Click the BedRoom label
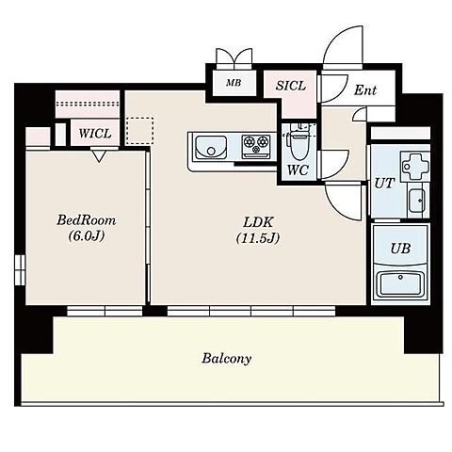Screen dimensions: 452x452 87,220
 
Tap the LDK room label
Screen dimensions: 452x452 258,222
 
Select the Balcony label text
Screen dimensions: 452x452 226,358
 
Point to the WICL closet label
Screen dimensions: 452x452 95,134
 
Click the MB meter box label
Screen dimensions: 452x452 234,83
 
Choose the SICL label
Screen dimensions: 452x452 291,86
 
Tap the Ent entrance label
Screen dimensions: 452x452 365,90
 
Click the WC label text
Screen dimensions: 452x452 298,170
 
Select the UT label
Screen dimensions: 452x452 384,183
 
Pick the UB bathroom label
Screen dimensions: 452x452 400,249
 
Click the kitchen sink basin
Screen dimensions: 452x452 211,148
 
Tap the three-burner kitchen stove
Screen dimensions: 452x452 256,146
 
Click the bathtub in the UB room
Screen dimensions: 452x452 400,283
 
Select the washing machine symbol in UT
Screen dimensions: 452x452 415,166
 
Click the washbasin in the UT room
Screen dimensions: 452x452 417,201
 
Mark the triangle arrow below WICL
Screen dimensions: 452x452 99,156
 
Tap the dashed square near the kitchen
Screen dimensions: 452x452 140,131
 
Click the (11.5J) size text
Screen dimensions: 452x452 258,238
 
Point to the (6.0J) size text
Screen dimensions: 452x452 87,235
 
